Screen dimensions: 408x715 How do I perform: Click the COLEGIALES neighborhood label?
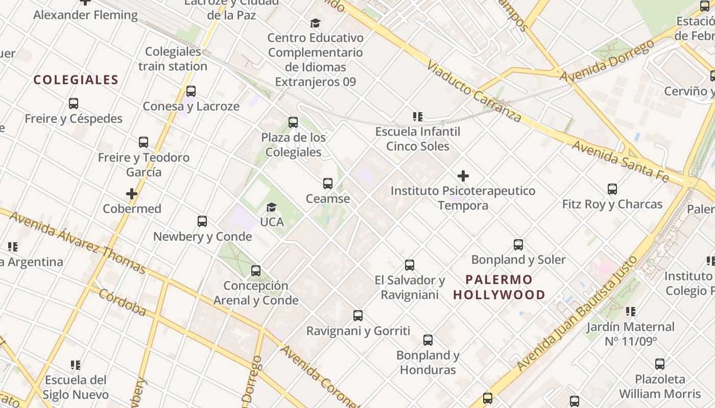(x=76, y=80)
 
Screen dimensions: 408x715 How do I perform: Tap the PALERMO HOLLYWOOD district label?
(x=499, y=287)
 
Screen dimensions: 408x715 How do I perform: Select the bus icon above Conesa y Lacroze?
(x=191, y=91)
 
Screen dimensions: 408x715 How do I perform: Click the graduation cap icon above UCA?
(x=271, y=207)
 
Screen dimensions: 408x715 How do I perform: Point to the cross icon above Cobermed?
(x=132, y=194)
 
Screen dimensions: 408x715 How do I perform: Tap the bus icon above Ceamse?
(x=328, y=184)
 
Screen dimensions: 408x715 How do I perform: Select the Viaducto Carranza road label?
(x=474, y=92)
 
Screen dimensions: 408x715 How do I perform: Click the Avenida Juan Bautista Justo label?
(x=577, y=313)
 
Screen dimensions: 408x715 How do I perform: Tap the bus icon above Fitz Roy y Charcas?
(x=612, y=189)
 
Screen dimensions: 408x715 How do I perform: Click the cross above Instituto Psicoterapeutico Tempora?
(x=463, y=176)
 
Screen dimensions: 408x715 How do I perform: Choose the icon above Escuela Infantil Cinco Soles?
(x=418, y=117)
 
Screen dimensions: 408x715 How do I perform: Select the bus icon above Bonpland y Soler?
(x=518, y=245)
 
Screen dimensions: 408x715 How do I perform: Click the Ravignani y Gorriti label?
(x=358, y=331)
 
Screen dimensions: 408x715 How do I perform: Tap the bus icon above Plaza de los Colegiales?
(x=293, y=122)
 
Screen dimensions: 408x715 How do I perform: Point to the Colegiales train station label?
(x=173, y=59)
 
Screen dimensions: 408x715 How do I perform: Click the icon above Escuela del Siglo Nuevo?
(x=76, y=365)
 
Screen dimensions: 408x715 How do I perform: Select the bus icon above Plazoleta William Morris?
(x=660, y=364)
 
